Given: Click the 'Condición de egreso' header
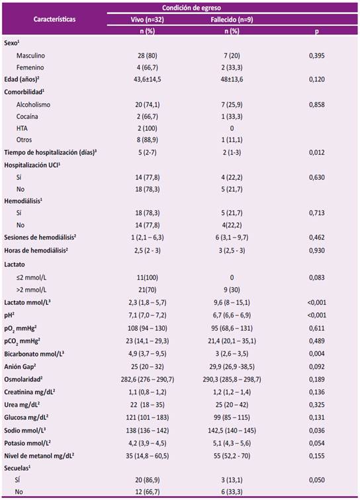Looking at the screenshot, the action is tap(191, 8).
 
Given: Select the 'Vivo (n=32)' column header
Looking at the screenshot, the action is tap(147, 19).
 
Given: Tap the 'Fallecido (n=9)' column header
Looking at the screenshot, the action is tap(232, 19).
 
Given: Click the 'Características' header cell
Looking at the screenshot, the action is tap(54, 19).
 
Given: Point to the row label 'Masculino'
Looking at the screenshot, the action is tap(30, 56).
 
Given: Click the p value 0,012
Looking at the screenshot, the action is tap(316, 152).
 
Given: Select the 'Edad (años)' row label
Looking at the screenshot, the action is tap(22, 79).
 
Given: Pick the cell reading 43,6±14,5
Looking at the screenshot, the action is tap(147, 79).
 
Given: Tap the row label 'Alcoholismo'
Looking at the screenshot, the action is tap(33, 104).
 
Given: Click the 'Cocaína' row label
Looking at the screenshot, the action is tap(27, 116).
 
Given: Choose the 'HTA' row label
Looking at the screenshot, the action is tap(22, 128).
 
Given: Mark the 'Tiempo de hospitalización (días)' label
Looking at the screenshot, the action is tap(50, 152).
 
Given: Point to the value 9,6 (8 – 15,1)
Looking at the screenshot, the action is tap(232, 302).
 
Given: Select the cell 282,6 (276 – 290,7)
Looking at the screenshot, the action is tap(147, 380).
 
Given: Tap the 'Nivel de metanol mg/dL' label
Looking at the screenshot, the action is tap(39, 456).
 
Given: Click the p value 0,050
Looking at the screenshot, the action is tap(316, 480).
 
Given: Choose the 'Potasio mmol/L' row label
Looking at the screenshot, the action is tap(27, 443).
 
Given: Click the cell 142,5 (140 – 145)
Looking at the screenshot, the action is tap(232, 431).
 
